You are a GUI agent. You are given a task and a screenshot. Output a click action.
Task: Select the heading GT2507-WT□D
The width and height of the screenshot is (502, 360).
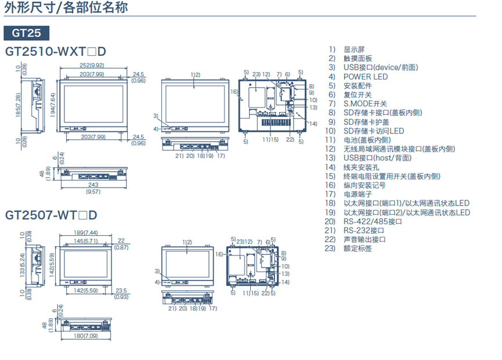tap(51, 215)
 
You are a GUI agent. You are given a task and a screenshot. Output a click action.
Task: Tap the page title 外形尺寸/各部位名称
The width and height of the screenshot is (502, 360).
tap(66, 8)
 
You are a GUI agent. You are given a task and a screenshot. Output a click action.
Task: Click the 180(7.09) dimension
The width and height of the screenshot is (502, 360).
tap(86, 336)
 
